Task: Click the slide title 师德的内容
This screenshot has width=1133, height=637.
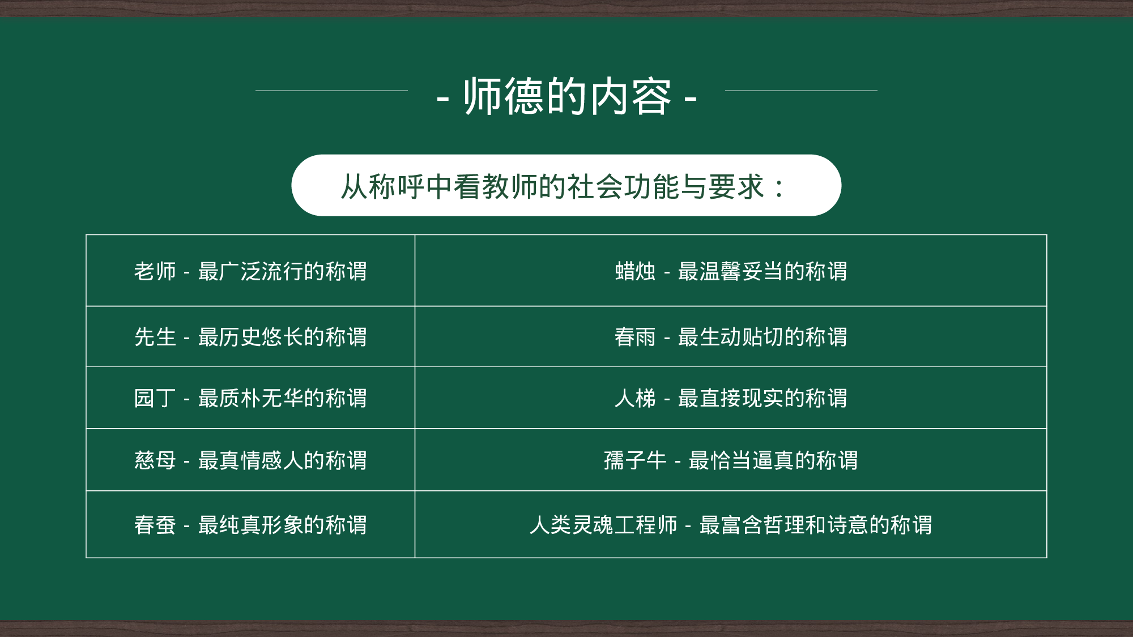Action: tap(566, 96)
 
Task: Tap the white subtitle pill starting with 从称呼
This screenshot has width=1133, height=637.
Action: tap(566, 186)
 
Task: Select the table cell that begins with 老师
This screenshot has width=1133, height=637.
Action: tap(250, 271)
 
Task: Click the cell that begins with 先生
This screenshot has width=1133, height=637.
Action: tap(250, 337)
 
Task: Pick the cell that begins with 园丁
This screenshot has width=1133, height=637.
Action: tap(250, 398)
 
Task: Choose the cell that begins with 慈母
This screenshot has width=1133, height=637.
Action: tap(250, 460)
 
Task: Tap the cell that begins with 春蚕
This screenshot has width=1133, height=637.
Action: tap(250, 525)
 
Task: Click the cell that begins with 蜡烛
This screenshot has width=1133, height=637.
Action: tap(731, 271)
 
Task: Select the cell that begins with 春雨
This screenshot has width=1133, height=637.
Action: tap(731, 337)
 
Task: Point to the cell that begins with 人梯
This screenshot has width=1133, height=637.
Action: tap(731, 398)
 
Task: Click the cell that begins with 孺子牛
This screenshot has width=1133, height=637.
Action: tap(731, 460)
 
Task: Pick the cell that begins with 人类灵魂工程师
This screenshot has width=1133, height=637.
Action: tap(731, 525)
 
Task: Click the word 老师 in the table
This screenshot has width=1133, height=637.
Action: tap(155, 271)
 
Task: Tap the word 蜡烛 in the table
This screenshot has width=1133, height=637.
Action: tap(635, 271)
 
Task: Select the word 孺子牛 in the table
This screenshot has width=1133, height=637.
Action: tap(635, 460)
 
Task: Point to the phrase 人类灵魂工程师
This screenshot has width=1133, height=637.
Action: tap(603, 525)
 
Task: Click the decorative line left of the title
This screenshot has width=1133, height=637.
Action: tap(331, 91)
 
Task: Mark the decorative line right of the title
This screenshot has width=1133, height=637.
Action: tap(801, 91)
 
